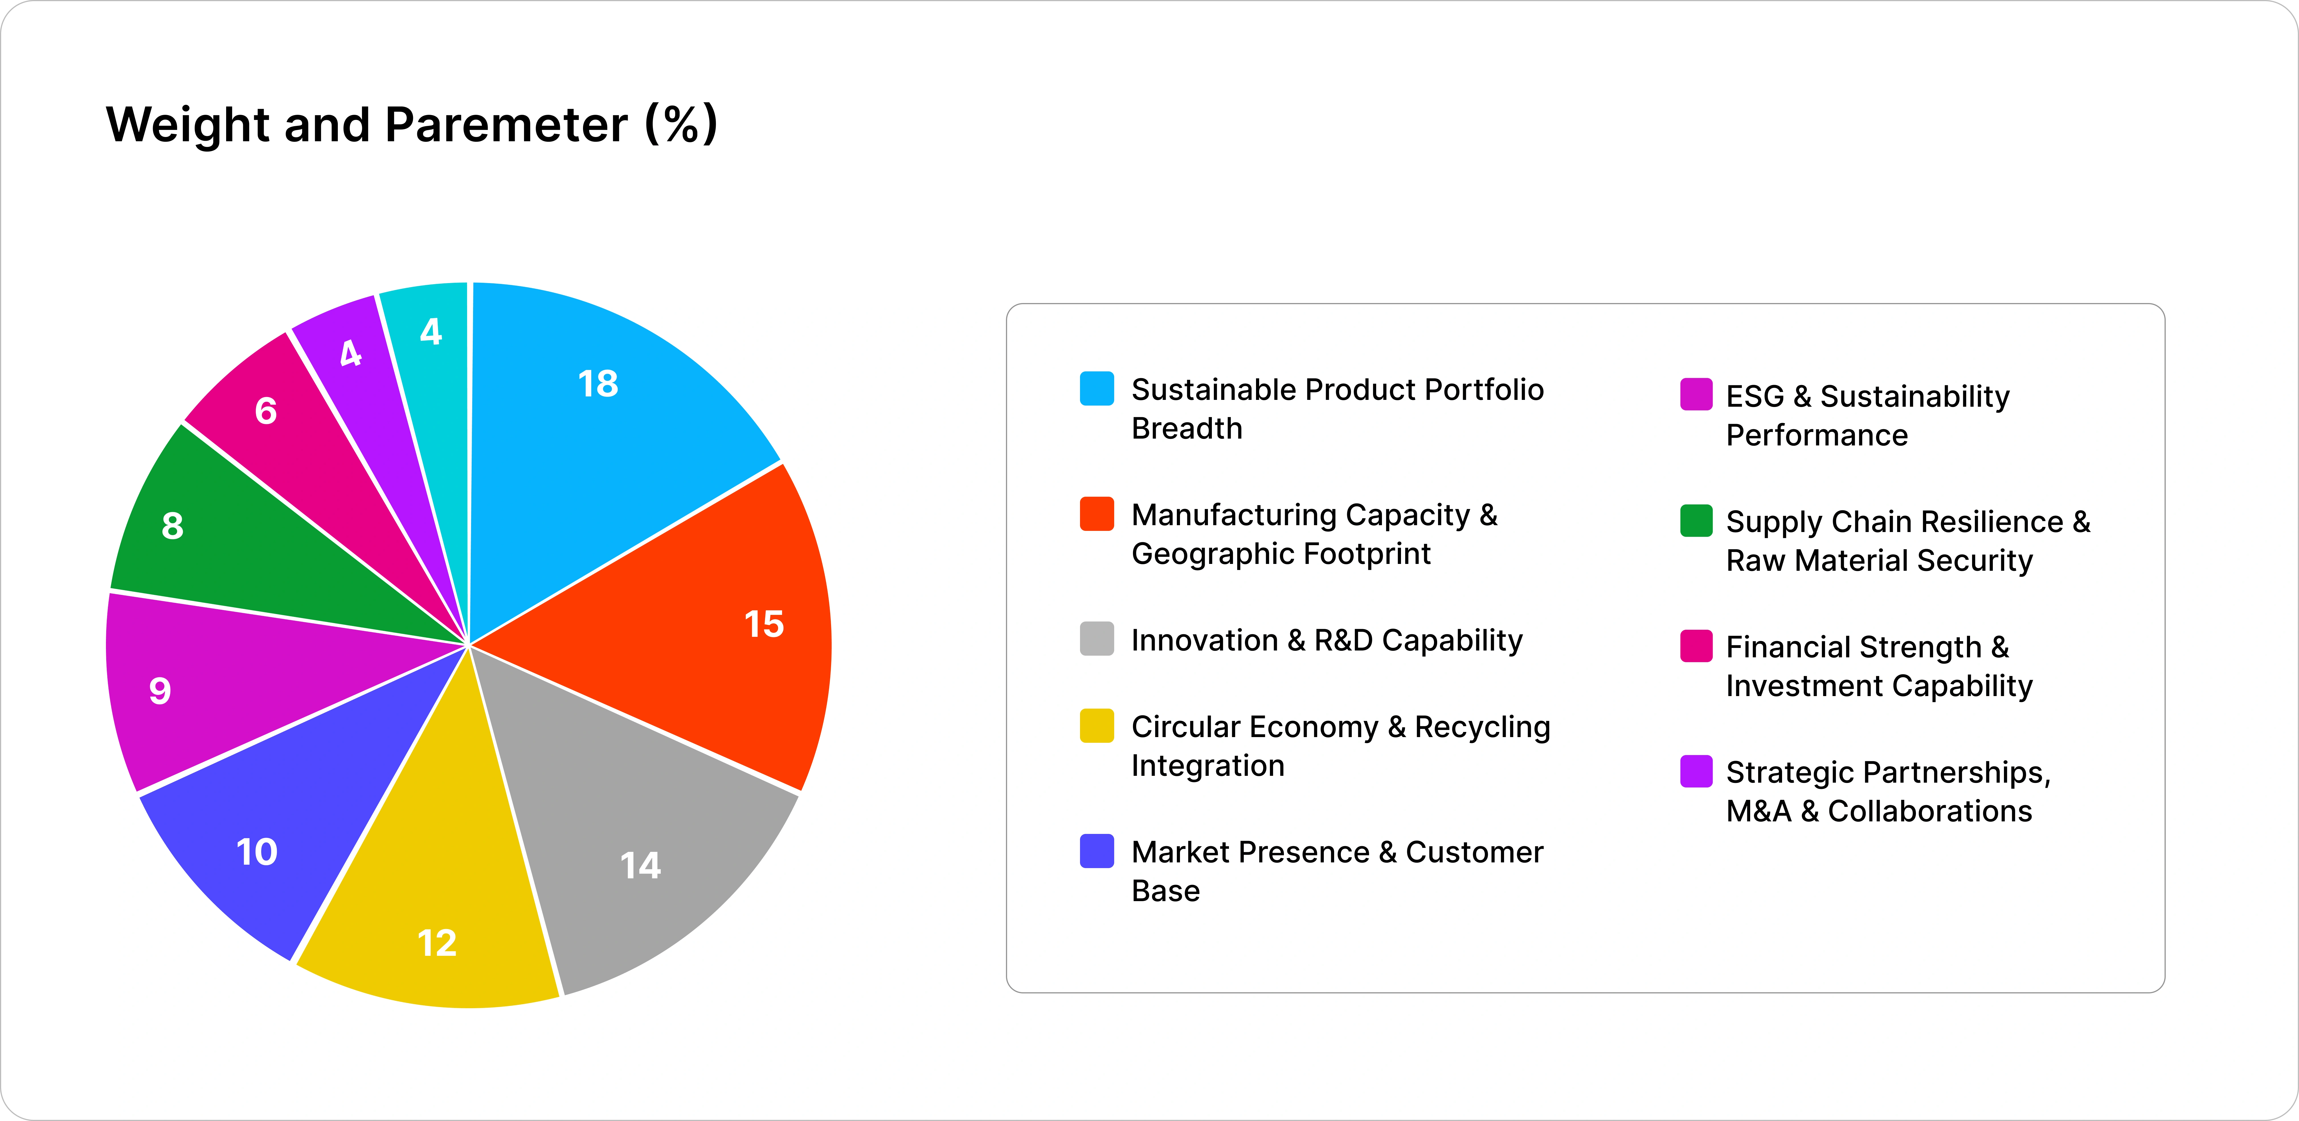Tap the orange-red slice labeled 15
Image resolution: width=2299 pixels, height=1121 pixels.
coord(696,625)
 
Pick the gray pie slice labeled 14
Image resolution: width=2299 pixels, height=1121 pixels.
coord(625,830)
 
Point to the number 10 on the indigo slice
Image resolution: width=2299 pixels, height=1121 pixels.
coord(257,852)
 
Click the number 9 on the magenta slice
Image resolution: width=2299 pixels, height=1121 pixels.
coord(160,690)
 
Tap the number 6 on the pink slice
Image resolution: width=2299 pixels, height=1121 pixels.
coord(266,411)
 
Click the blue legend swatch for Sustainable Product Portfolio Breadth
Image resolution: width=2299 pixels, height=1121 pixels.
coord(1097,388)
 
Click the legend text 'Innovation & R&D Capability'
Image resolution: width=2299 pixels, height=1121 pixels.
coord(1327,640)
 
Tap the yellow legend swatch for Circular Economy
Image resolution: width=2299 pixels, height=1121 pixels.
coord(1097,726)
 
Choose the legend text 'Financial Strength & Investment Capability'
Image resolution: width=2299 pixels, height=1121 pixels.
coord(1879,666)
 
